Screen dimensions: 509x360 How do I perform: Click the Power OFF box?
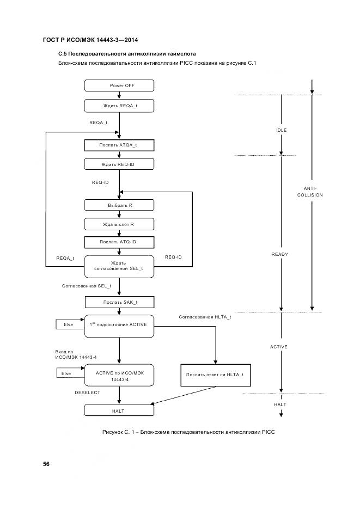119,85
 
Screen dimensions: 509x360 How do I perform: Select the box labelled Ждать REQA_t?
119,105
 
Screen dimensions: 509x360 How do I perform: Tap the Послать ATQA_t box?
119,145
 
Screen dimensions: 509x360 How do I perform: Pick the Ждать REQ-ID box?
119,164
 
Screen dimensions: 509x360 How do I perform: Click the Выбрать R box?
119,205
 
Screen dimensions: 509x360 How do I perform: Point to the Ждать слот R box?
119,224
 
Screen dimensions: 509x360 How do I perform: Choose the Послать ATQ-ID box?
119,242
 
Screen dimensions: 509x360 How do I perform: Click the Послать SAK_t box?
119,302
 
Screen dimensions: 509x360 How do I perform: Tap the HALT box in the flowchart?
119,411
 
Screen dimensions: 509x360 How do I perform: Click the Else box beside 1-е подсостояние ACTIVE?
68,324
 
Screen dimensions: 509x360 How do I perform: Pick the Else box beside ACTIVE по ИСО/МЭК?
68,373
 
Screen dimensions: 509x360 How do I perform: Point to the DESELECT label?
87,392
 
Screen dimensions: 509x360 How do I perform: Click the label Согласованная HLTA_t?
205,317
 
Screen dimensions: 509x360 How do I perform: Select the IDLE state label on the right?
281,131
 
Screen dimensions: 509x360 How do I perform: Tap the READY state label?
279,254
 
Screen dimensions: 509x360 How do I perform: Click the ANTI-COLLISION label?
310,191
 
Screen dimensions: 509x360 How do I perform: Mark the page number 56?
46,464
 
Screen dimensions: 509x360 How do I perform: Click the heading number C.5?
63,54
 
